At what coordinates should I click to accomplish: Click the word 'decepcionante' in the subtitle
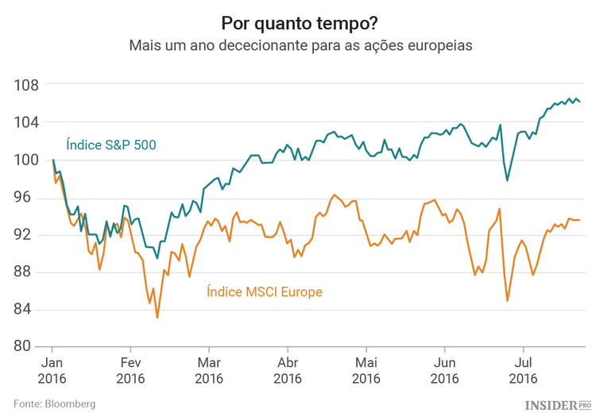pyautogui.click(x=261, y=45)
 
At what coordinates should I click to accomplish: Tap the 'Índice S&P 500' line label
pyautogui.click(x=110, y=145)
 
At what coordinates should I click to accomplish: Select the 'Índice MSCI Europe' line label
pyautogui.click(x=264, y=292)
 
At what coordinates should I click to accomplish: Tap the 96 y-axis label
pyautogui.click(x=29, y=197)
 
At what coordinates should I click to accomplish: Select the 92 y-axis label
pyautogui.click(x=29, y=234)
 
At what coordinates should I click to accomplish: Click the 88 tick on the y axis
pyautogui.click(x=29, y=272)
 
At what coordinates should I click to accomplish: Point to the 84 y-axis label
pyautogui.click(x=29, y=309)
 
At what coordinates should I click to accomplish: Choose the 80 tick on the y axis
pyautogui.click(x=29, y=346)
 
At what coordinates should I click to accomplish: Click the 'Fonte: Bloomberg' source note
pyautogui.click(x=54, y=403)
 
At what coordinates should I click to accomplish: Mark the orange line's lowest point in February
pyautogui.click(x=157, y=318)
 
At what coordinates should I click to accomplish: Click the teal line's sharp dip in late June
pyautogui.click(x=508, y=180)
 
